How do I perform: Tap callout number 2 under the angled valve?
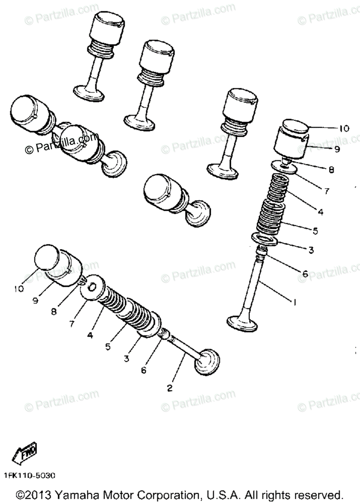tap(170, 388)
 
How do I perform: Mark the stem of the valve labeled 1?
tap(255, 286)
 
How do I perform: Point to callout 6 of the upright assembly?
tap(305, 274)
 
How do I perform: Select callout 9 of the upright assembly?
tap(337, 149)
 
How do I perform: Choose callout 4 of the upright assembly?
tap(321, 212)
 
